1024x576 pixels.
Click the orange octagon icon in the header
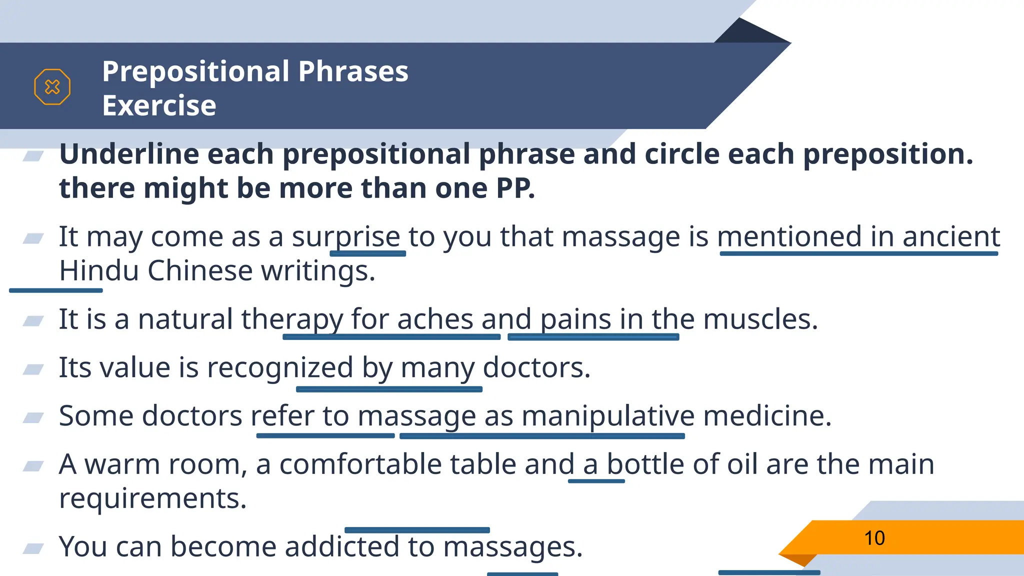(52, 87)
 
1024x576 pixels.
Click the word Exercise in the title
(159, 105)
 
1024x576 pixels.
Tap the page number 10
(874, 538)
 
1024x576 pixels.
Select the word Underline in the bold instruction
(128, 154)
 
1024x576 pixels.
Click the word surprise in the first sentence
(346, 237)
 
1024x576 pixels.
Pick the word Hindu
(98, 271)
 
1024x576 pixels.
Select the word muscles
(760, 319)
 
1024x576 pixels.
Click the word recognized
(280, 368)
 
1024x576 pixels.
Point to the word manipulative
(608, 416)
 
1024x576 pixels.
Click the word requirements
(152, 498)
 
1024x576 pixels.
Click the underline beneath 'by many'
(389, 389)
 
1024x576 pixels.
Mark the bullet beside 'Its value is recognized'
(33, 369)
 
